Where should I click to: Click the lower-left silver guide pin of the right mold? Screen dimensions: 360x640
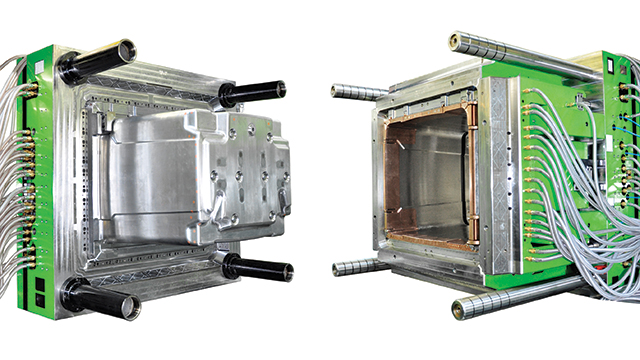click(358, 267)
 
